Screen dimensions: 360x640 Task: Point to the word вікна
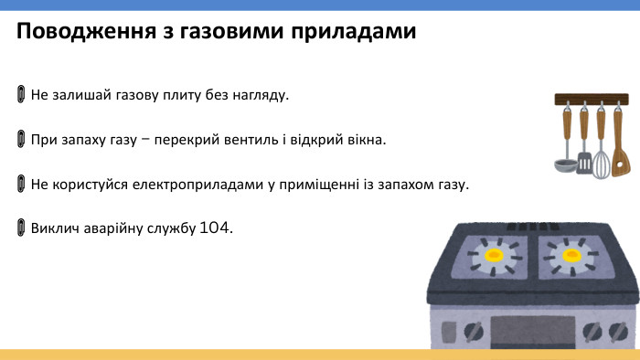[368, 140]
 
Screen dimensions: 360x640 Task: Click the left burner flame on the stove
[495, 254]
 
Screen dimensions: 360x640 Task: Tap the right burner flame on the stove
[573, 253]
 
